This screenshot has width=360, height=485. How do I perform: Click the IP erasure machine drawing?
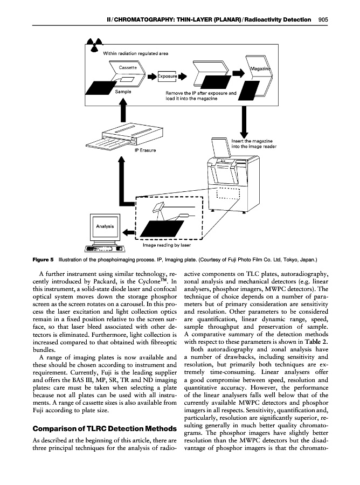pyautogui.click(x=126, y=139)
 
